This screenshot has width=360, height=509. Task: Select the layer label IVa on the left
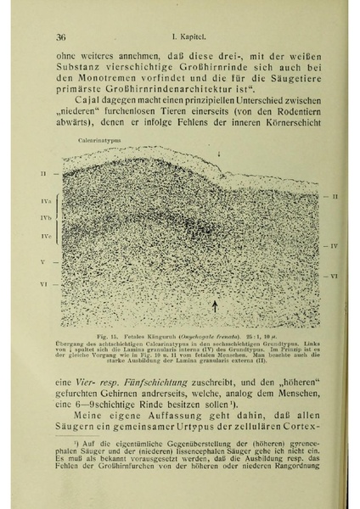coord(45,201)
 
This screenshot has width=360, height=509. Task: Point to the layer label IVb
coord(45,219)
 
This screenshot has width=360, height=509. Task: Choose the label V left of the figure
coord(42,262)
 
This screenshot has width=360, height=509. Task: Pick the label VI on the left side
coord(42,283)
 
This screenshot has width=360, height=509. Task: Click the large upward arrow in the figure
coord(214,305)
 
